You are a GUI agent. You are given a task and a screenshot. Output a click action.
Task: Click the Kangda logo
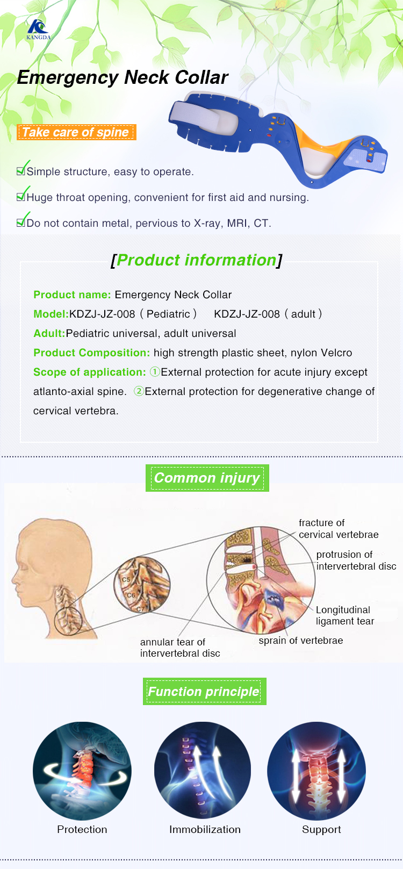click(x=38, y=30)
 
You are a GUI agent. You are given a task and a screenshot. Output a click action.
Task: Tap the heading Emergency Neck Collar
click(x=123, y=77)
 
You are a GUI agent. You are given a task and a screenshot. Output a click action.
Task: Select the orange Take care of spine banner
click(x=76, y=132)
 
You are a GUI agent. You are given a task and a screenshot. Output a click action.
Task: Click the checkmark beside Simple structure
click(x=21, y=170)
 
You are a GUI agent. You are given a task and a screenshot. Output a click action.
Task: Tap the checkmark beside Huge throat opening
click(x=21, y=196)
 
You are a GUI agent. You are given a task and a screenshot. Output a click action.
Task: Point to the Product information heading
click(x=196, y=260)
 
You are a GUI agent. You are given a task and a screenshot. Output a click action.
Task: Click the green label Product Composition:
click(x=91, y=353)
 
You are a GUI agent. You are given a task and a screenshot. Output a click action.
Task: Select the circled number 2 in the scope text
click(x=139, y=391)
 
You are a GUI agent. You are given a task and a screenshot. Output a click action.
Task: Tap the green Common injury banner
click(x=207, y=478)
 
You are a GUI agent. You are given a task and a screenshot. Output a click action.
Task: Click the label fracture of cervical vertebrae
click(x=338, y=529)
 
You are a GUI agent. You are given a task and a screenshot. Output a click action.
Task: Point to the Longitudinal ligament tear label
click(x=344, y=615)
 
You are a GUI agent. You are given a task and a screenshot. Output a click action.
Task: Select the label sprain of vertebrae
click(x=300, y=641)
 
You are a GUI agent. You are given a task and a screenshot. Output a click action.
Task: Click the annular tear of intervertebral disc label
click(x=179, y=648)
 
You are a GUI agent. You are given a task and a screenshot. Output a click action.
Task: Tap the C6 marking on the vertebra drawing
click(x=131, y=595)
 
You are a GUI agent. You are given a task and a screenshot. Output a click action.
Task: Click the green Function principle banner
click(x=204, y=692)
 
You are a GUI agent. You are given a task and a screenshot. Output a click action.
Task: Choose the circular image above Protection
click(x=82, y=771)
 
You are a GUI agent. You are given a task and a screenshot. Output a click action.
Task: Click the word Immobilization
click(x=205, y=829)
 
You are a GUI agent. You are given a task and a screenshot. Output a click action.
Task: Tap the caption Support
click(x=321, y=829)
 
